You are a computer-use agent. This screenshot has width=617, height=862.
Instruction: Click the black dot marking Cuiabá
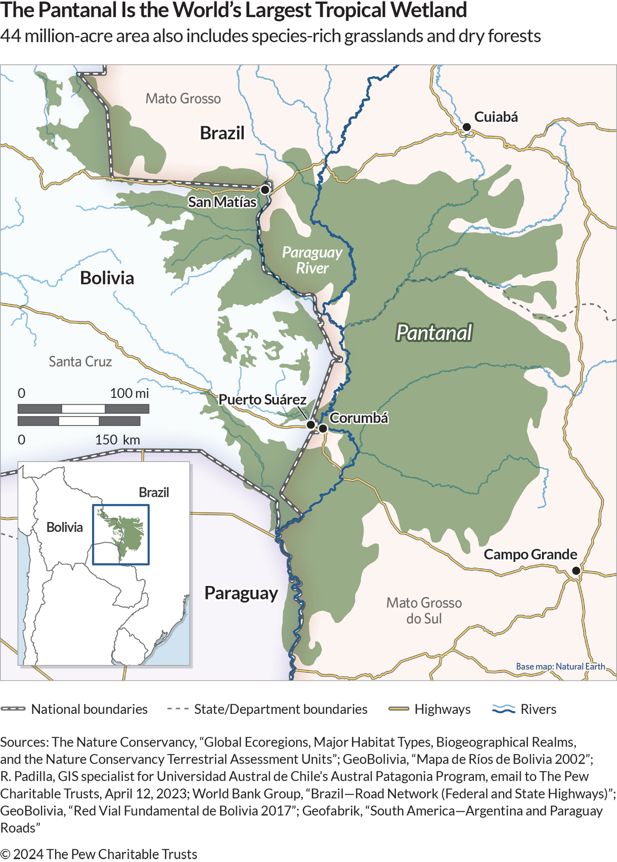tap(467, 127)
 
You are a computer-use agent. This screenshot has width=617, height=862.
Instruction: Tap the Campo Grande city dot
tap(576, 571)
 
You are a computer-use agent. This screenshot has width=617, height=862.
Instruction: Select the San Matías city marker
tap(265, 190)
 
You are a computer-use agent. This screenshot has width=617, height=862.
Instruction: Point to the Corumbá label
tap(359, 418)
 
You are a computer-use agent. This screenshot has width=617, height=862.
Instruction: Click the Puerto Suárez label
tap(262, 400)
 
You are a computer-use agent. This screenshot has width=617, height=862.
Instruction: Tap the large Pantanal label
tap(434, 333)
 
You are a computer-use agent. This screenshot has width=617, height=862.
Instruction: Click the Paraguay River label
tap(312, 260)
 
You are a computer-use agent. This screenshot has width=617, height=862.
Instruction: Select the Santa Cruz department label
tap(80, 362)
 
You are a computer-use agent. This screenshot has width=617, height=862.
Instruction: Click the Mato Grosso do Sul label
tap(424, 611)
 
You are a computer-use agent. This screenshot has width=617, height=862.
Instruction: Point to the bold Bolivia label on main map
tap(107, 278)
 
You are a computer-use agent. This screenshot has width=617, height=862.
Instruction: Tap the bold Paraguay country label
tap(241, 594)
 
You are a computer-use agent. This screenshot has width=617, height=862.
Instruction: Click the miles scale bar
tap(83, 409)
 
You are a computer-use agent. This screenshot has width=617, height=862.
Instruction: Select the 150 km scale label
tap(117, 440)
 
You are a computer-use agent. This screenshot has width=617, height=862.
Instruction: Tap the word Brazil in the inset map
tap(154, 493)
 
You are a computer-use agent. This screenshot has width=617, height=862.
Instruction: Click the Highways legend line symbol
tap(398, 709)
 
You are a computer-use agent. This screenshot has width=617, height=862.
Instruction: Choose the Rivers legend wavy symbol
tap(504, 709)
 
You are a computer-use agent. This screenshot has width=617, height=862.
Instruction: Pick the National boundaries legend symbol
tap(13, 709)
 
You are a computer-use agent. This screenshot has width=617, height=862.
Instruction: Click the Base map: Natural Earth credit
tap(561, 667)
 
